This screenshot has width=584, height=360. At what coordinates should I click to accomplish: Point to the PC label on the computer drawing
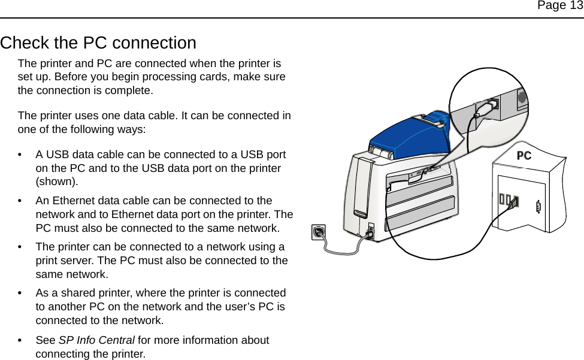click(524, 156)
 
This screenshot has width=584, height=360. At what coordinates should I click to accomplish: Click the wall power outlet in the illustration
click(319, 231)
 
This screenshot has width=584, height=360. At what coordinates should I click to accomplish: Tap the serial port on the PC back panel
click(538, 207)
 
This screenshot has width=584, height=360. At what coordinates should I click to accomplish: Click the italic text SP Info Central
click(96, 340)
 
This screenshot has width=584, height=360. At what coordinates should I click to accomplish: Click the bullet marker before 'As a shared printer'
click(22, 294)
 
